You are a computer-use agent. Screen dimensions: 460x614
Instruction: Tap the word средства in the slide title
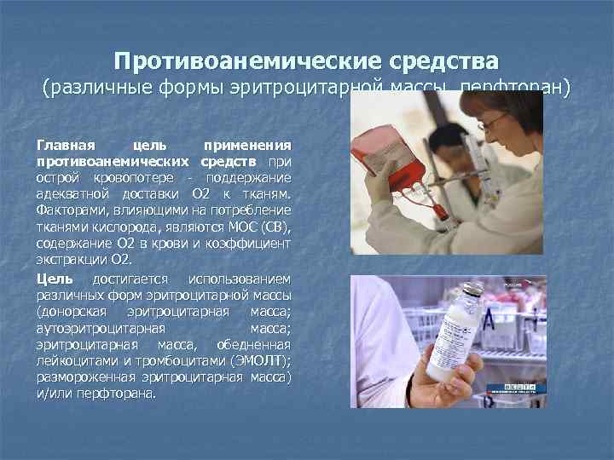443,62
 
